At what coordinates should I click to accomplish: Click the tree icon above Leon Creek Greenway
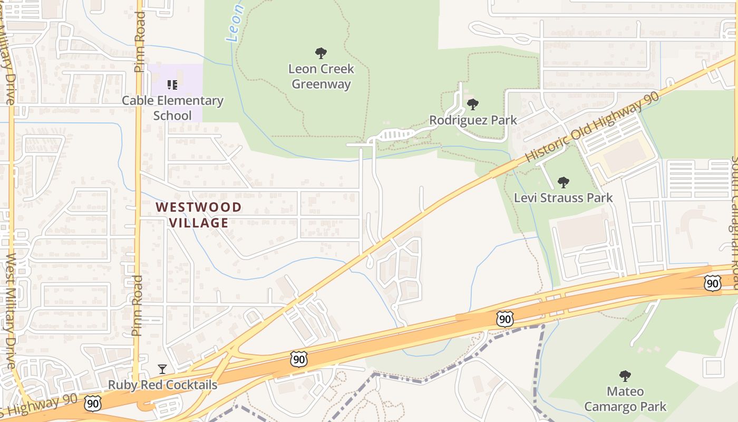[x=321, y=53]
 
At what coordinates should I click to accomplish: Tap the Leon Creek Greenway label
[x=322, y=76]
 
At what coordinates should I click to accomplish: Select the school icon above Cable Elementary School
[x=172, y=85]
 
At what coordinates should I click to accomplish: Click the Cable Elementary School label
[x=173, y=108]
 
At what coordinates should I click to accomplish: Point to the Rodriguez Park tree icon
[x=473, y=104]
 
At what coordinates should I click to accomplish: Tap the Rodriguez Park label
[x=473, y=120]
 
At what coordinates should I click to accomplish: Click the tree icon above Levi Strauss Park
[x=563, y=183]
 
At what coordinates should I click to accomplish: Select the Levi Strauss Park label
[x=563, y=198]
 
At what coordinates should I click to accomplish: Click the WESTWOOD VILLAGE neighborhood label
[x=199, y=215]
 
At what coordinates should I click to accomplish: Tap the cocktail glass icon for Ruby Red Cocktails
[x=162, y=369]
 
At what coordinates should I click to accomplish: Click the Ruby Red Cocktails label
[x=162, y=385]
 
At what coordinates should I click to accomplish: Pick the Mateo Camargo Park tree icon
[x=625, y=376]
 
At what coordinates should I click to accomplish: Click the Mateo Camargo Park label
[x=625, y=399]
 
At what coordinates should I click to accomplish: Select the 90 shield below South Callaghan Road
[x=712, y=283]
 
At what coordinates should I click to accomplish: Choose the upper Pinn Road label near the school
[x=140, y=42]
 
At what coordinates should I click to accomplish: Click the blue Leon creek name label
[x=235, y=24]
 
